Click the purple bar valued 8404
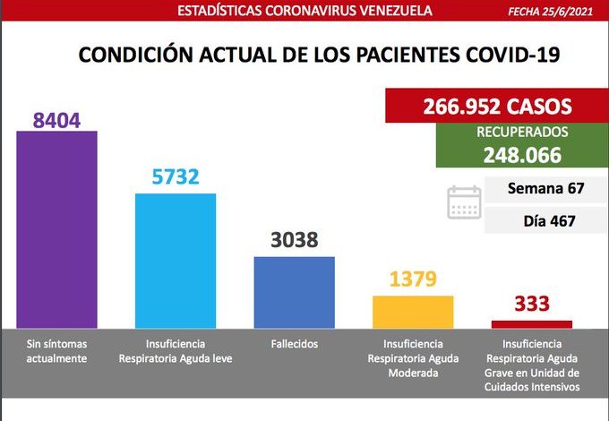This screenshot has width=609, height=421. (56, 229)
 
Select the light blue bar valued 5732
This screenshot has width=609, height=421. (176, 261)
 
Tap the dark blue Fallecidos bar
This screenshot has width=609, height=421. (294, 292)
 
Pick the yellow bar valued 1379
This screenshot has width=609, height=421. (413, 311)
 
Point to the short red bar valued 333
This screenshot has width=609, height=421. (532, 323)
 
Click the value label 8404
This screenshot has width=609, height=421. (57, 119)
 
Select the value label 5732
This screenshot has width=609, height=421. (176, 178)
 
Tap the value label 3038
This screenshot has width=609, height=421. (294, 241)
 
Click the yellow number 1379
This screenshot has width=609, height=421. (413, 279)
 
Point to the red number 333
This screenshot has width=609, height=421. (532, 305)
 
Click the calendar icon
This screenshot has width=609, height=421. (464, 202)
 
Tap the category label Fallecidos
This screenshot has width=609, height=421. (294, 344)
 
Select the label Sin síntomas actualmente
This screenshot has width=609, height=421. (56, 351)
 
